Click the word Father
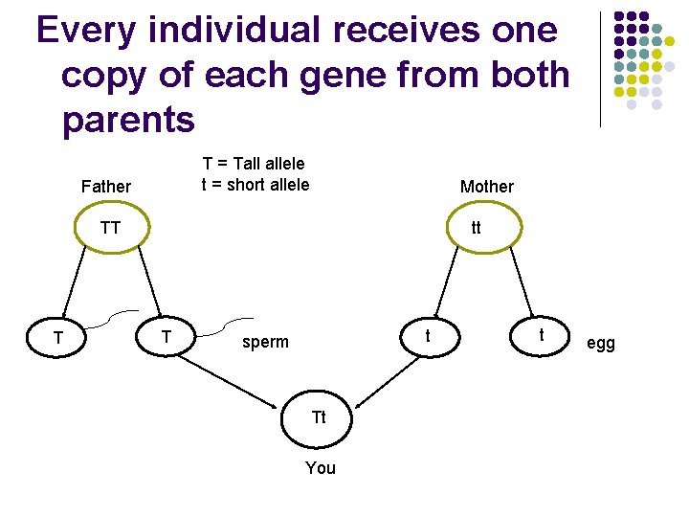(x=106, y=187)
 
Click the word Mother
(x=486, y=187)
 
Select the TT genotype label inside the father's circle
(x=111, y=228)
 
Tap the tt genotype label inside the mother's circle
(x=476, y=228)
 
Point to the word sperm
(x=265, y=342)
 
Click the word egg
(x=601, y=343)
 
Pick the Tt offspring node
(x=319, y=417)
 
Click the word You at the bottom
(x=320, y=468)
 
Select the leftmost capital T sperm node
(x=59, y=338)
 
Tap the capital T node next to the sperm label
(x=167, y=336)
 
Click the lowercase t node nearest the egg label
(x=542, y=335)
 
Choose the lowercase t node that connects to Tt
(x=428, y=336)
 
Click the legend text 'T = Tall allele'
(x=253, y=165)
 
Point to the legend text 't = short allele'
(x=255, y=185)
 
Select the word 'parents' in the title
(x=127, y=121)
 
